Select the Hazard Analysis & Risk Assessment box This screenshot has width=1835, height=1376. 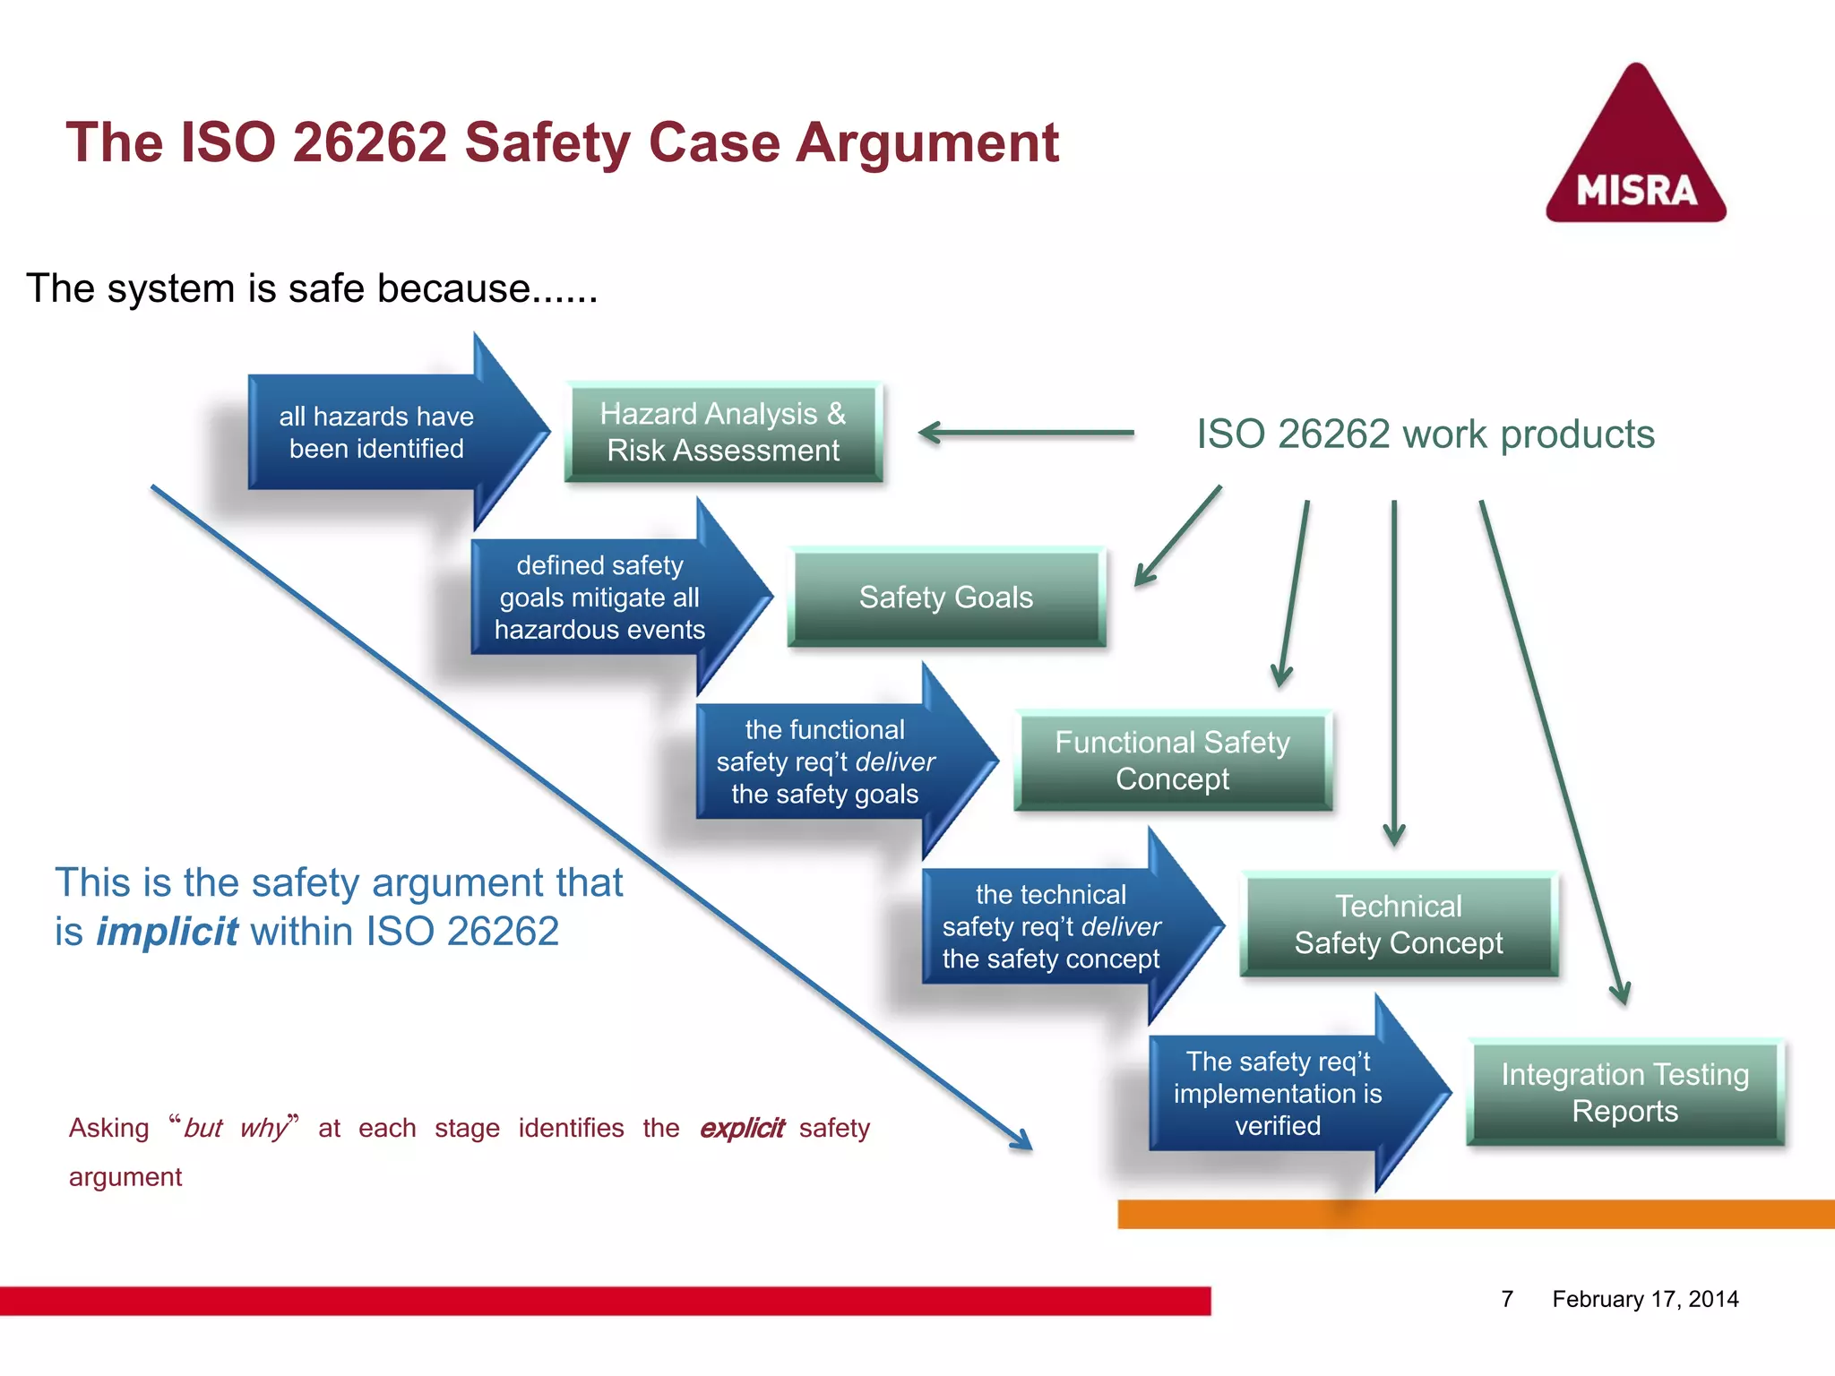723,432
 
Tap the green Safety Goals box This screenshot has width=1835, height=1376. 946,597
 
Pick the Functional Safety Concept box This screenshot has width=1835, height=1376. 1172,761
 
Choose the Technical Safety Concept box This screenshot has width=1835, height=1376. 1398,924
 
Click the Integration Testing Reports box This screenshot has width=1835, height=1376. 1624,1092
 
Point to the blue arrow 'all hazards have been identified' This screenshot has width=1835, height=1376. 376,433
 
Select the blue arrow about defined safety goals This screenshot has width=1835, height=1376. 599,598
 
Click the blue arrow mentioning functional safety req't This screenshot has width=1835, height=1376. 824,762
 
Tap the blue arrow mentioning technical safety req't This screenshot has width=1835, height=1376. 1050,927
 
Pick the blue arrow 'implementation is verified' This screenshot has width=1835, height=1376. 1278,1094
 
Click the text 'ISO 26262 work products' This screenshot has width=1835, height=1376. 1425,434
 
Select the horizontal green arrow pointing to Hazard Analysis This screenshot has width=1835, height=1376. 1026,433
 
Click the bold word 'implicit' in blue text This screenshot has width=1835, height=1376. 167,932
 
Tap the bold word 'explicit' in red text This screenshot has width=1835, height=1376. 741,1128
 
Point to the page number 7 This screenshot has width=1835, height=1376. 1507,1299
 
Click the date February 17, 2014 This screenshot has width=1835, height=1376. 1645,1299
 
